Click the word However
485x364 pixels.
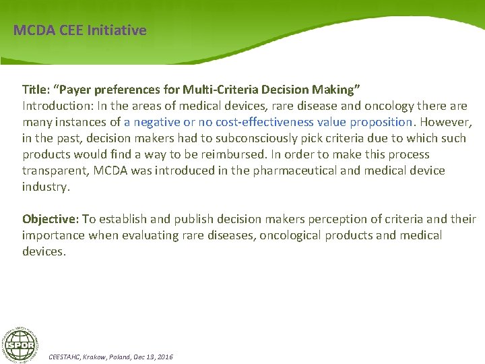(x=444, y=122)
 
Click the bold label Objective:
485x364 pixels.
(x=51, y=219)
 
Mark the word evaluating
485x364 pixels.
(x=151, y=235)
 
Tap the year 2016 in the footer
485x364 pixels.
(x=164, y=356)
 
